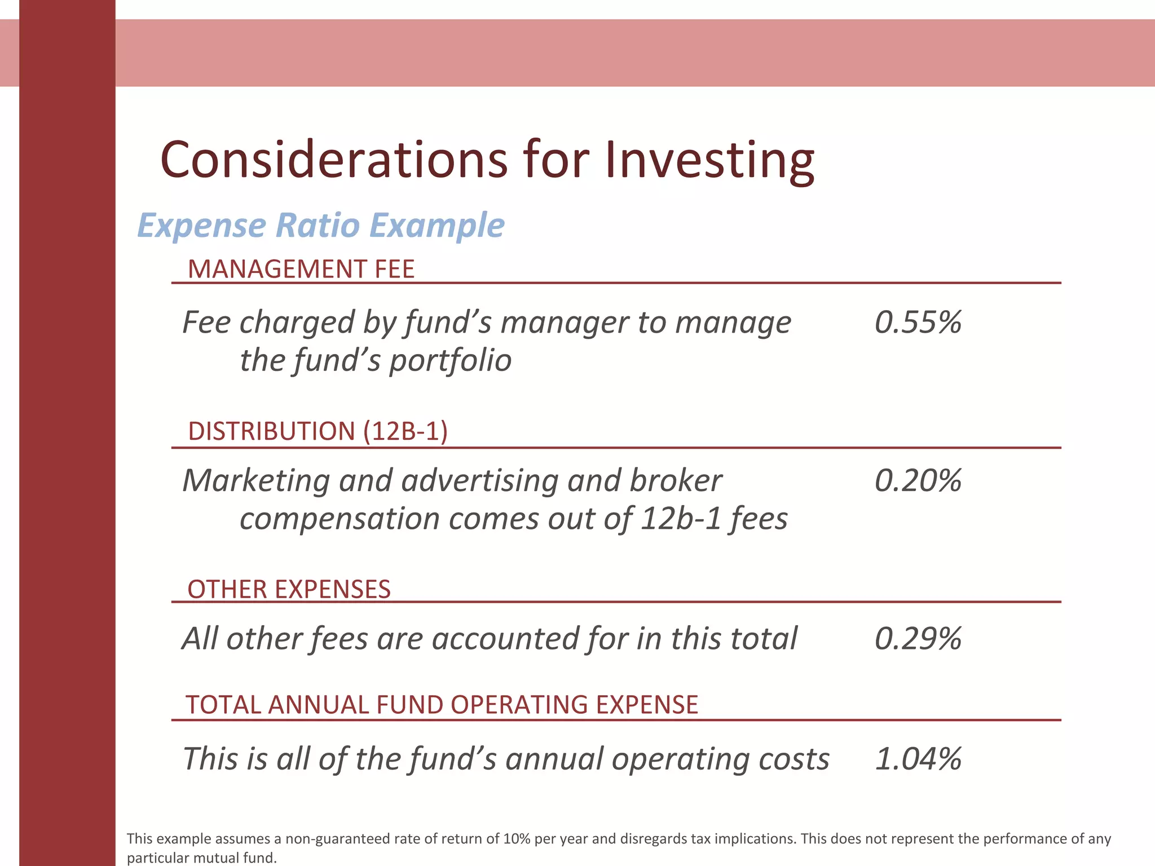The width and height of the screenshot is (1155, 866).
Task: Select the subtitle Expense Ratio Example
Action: [x=321, y=226]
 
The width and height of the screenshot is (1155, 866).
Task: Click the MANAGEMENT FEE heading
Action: [x=301, y=269]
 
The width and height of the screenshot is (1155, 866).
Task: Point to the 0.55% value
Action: [x=918, y=322]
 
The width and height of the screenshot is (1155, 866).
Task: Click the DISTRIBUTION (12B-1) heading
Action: [x=318, y=431]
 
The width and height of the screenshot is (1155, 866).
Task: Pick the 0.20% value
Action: [x=918, y=481]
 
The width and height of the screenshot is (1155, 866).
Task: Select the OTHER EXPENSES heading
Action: [x=289, y=590]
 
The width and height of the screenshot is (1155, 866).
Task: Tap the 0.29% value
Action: [x=918, y=639]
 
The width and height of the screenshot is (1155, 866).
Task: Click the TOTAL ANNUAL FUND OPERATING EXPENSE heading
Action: [x=442, y=705]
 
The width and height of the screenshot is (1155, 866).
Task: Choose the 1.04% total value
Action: [x=918, y=759]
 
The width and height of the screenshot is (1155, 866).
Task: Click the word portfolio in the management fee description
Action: [x=450, y=361]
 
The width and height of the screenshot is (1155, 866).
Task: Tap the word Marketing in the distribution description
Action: [x=256, y=481]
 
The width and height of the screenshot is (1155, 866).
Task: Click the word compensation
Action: [x=340, y=519]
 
